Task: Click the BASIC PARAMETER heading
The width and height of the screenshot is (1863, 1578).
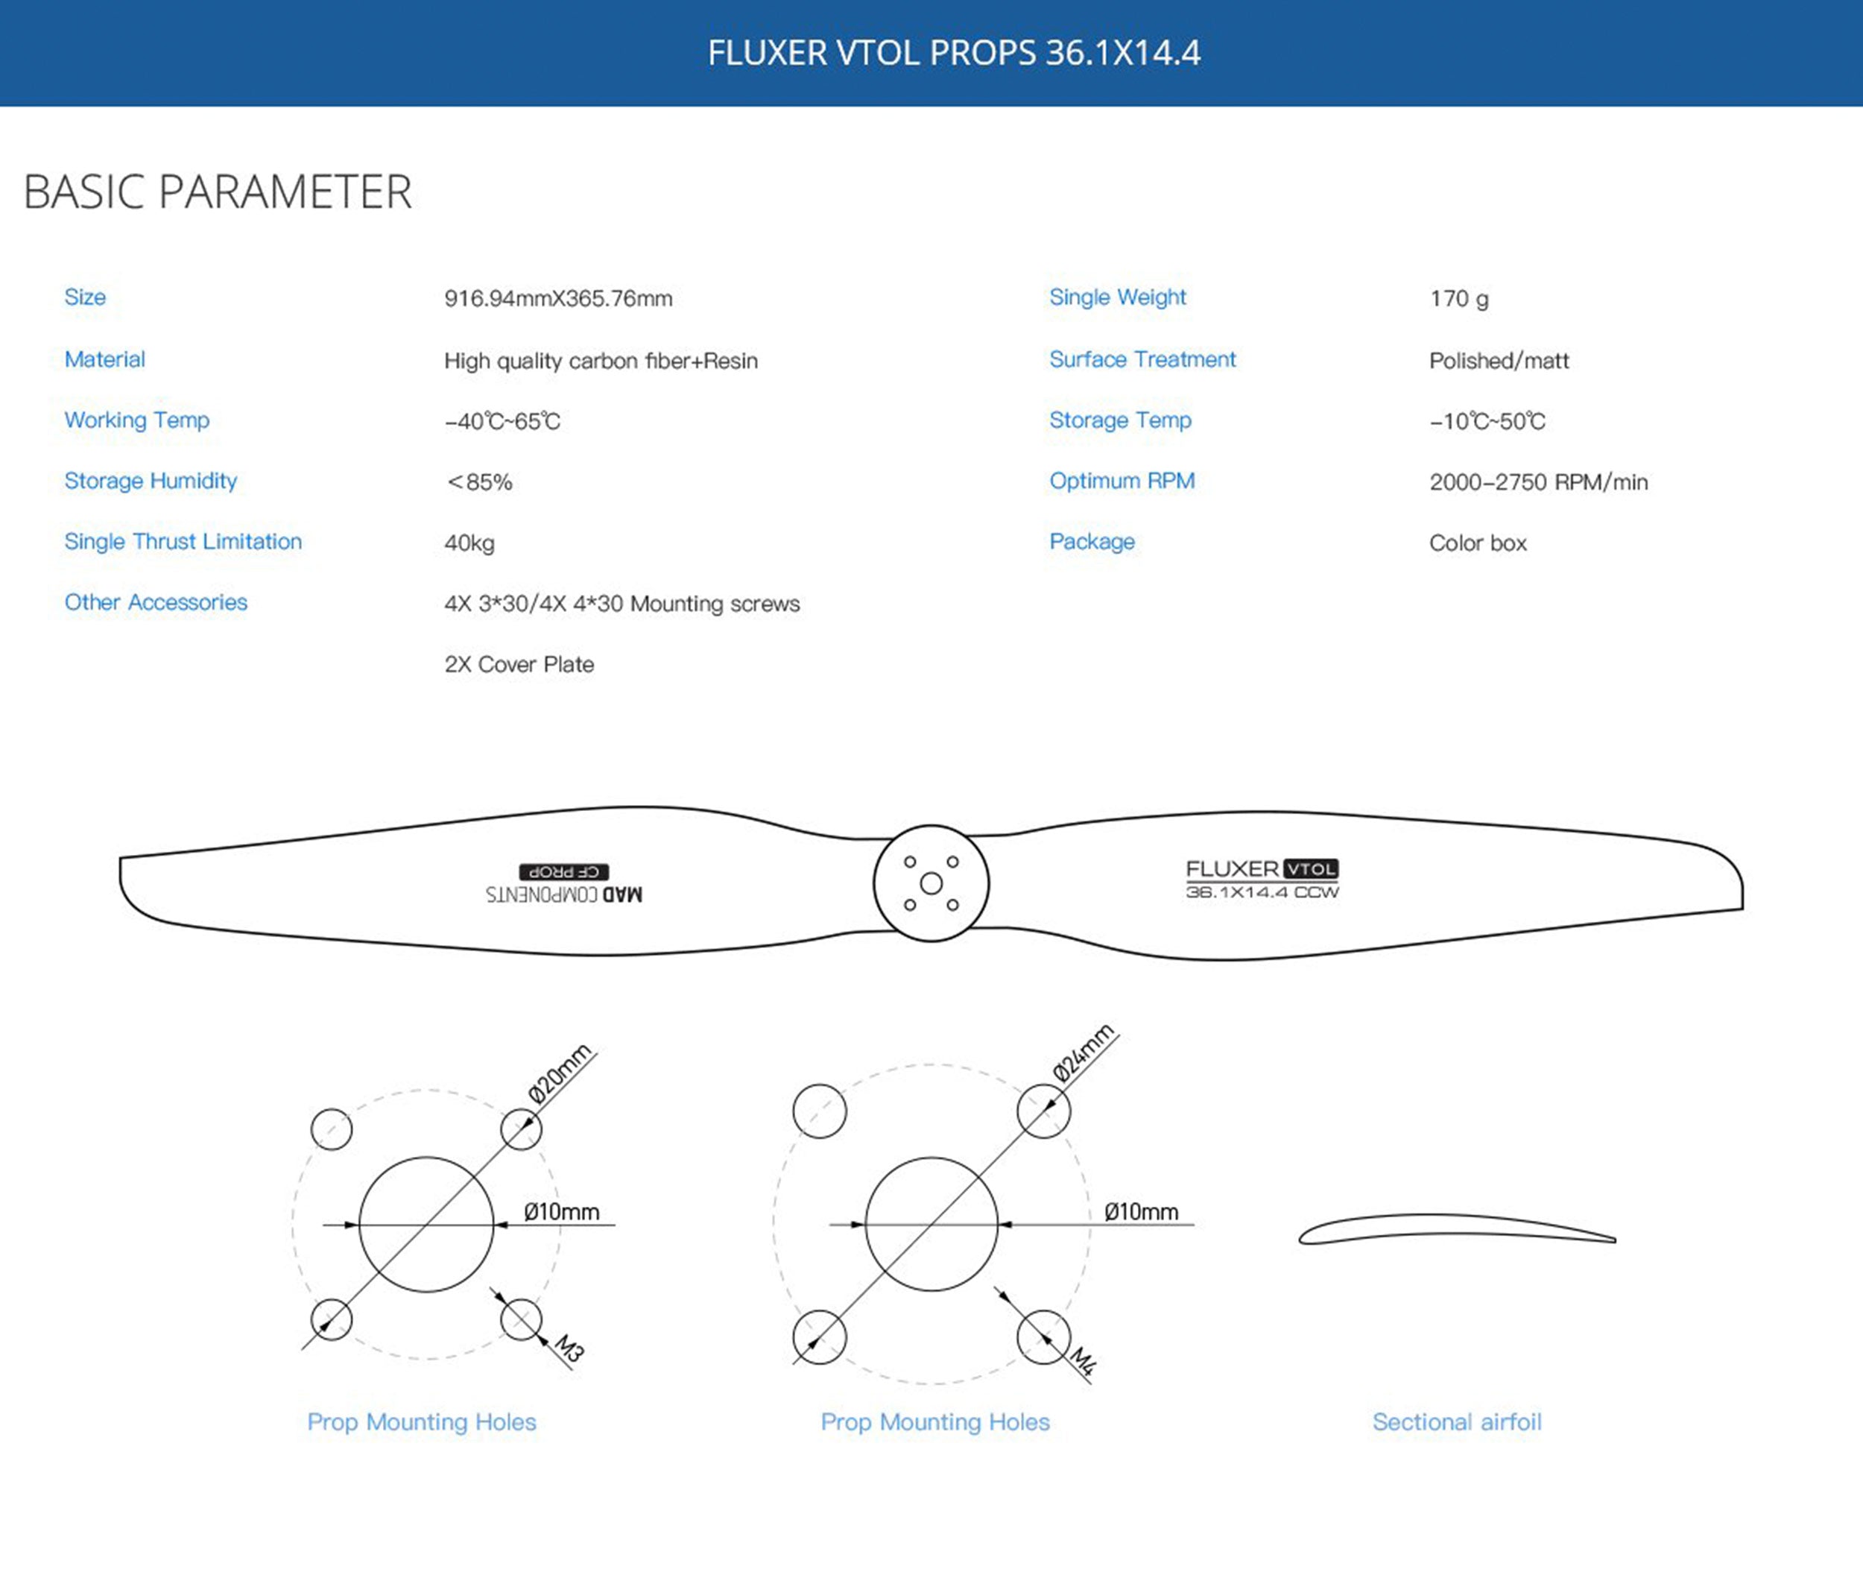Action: click(218, 192)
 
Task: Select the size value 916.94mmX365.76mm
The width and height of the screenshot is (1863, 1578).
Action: click(558, 298)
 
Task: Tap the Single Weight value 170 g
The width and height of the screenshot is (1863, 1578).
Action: click(1459, 298)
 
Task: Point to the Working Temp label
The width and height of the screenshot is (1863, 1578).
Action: click(137, 420)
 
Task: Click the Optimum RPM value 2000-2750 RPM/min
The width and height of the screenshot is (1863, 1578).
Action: click(1538, 482)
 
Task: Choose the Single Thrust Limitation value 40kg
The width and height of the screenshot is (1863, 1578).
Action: click(469, 543)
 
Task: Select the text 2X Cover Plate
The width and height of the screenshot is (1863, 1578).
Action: click(519, 663)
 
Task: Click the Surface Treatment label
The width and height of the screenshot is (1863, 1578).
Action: click(1142, 359)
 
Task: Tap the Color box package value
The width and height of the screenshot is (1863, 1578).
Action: click(1478, 543)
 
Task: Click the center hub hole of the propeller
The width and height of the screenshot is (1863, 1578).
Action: click(931, 884)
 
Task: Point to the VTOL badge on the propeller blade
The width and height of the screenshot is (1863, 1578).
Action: click(1310, 868)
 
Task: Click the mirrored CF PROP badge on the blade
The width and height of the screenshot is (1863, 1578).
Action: click(563, 871)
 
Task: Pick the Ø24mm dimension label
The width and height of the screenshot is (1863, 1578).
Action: click(1083, 1053)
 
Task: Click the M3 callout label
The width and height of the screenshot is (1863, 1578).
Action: click(569, 1347)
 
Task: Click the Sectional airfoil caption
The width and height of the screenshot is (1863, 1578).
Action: click(1457, 1421)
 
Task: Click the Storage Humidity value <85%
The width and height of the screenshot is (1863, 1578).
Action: click(479, 482)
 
